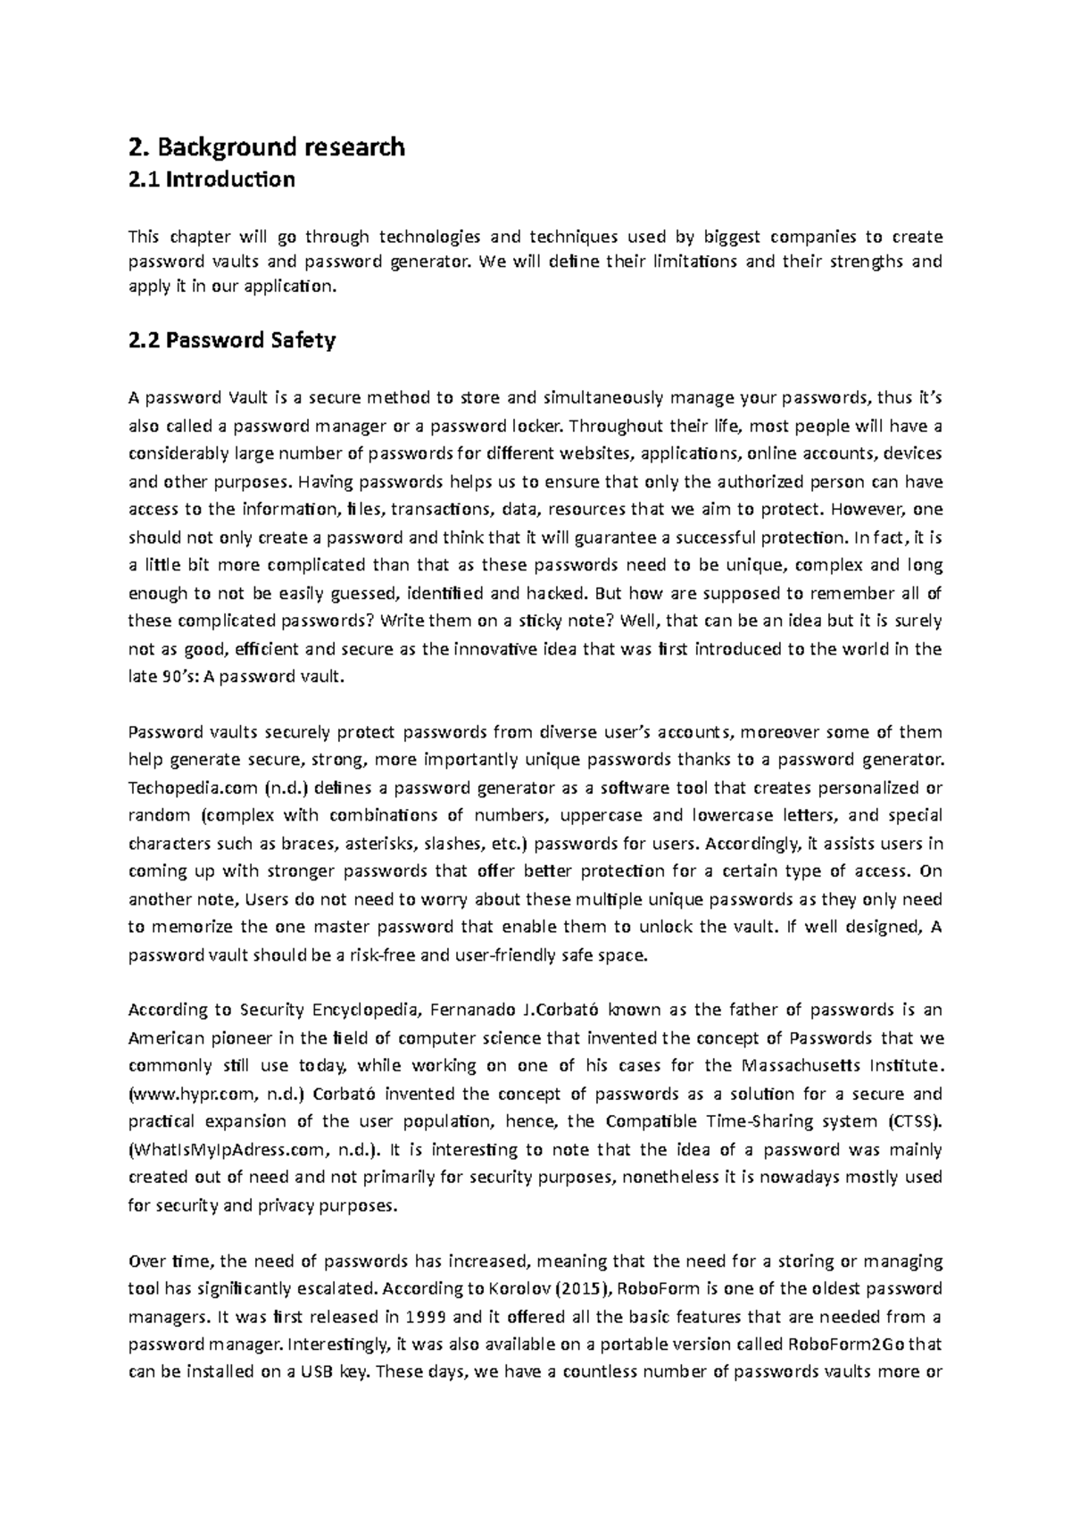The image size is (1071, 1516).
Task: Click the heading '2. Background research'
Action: (x=266, y=146)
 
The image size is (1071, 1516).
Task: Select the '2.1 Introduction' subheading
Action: (x=212, y=179)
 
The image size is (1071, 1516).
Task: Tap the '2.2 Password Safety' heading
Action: (x=232, y=340)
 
